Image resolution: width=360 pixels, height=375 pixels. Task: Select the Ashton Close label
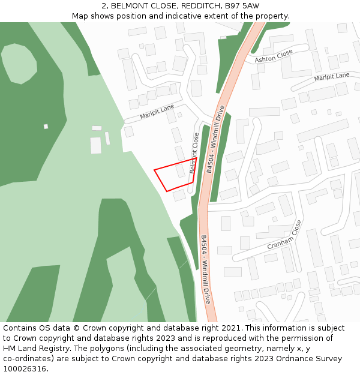(274, 56)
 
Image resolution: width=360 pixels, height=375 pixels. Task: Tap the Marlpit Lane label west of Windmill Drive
(157, 112)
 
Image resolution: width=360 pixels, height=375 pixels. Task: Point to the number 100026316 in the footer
(24, 368)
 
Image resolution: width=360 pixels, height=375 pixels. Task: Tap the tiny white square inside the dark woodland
(46, 127)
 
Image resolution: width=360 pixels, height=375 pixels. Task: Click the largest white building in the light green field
(96, 145)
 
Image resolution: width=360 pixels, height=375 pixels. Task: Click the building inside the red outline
(181, 171)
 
